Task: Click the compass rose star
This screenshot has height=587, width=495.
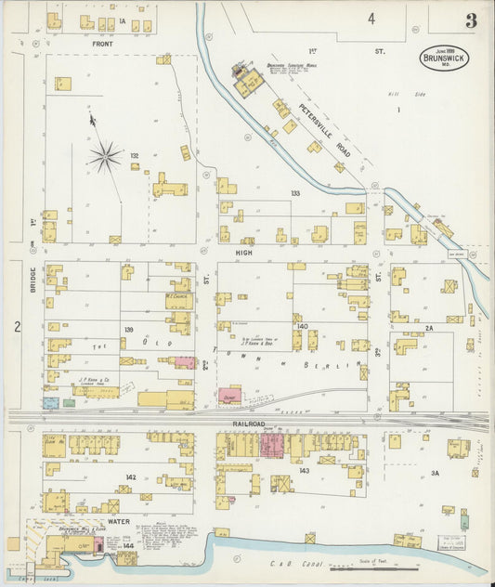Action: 105,156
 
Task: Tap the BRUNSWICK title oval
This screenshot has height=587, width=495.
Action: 445,58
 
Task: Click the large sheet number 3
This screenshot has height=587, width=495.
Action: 472,20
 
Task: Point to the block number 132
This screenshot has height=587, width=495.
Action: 135,156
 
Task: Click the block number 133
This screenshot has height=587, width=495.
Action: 295,193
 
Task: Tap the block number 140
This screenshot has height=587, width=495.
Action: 301,327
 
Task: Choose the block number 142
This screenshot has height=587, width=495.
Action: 131,476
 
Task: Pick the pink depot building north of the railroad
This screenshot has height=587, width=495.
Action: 230,396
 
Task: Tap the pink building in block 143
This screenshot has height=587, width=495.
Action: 272,444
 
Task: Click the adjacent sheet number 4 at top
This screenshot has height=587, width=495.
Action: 371,18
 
